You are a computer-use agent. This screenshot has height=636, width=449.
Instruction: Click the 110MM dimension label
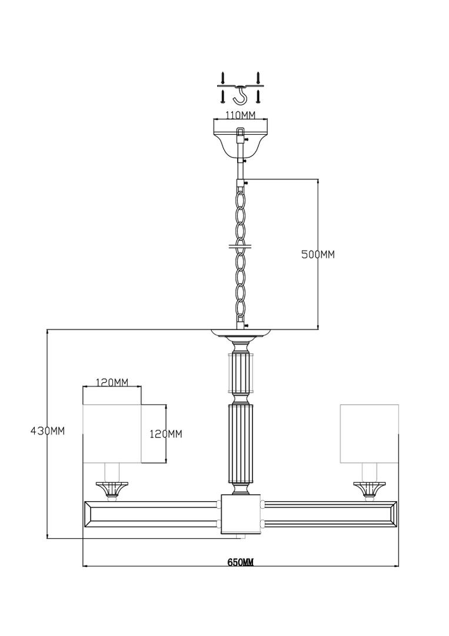coord(241,115)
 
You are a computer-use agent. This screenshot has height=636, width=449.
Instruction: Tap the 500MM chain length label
coord(318,255)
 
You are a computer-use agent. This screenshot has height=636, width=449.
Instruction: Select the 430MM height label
coord(48,430)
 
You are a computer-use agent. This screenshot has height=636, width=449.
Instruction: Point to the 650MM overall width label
coord(240,562)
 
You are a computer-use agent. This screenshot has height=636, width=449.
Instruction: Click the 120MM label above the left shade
coord(112,382)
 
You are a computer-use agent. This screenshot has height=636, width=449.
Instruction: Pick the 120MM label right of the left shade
coord(166,434)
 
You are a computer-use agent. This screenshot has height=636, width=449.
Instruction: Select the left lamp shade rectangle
coord(112,433)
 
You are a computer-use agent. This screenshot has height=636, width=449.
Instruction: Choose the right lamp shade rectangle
coord(369,433)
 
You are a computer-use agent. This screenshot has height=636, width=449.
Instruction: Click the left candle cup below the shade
coord(112,489)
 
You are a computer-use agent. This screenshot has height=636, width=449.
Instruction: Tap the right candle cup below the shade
coord(369,489)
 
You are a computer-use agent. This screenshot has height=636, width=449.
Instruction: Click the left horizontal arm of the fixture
coord(150,514)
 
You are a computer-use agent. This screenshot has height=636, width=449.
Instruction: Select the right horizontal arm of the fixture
coord(331,514)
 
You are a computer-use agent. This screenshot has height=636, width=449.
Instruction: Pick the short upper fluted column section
coord(241,372)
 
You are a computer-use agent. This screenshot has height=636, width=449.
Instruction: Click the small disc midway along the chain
coord(240,246)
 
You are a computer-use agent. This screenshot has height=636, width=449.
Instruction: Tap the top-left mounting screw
coord(222,78)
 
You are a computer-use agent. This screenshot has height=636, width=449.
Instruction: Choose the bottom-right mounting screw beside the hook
coord(258,96)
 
